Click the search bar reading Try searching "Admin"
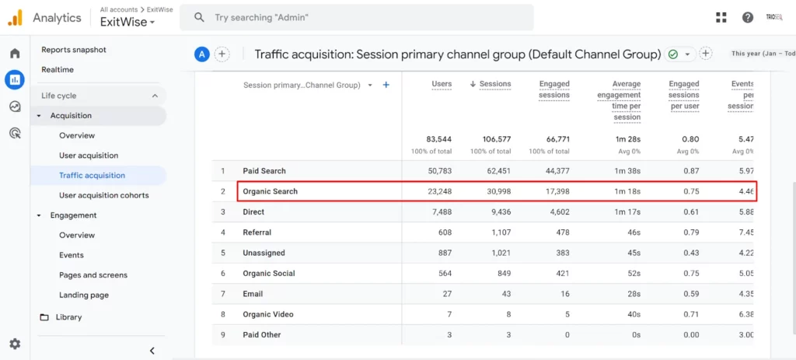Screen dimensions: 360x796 (x=356, y=17)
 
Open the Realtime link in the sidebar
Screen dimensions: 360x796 (x=58, y=70)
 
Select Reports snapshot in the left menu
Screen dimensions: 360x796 (x=74, y=50)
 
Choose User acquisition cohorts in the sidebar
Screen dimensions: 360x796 (x=103, y=195)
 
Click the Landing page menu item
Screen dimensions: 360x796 (x=84, y=295)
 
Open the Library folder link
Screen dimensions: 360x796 (x=68, y=317)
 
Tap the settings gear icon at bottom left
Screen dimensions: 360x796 (x=15, y=344)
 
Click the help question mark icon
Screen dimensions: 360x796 (x=748, y=17)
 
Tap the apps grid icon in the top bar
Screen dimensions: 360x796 (x=721, y=17)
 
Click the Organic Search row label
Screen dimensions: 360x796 (x=270, y=191)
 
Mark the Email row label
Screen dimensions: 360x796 (x=253, y=294)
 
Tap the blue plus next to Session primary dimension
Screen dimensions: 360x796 (x=386, y=85)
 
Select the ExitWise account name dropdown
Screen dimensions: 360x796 (x=127, y=23)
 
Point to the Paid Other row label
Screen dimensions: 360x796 (x=261, y=335)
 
